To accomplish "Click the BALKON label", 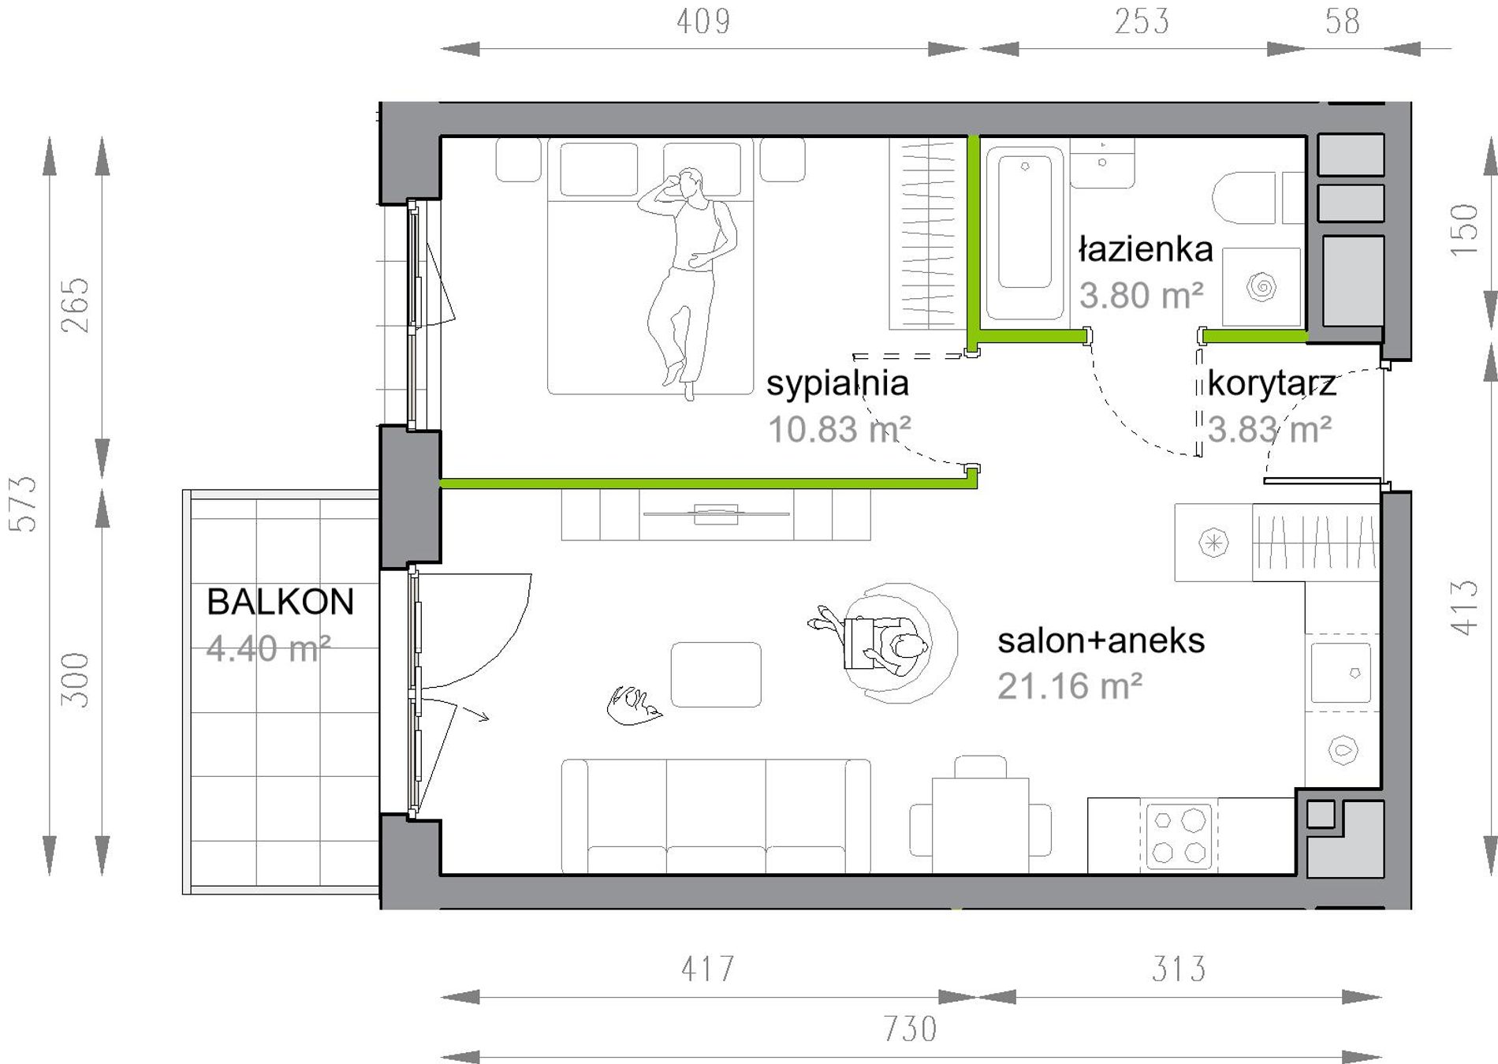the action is (280, 602).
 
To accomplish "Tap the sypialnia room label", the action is (837, 384).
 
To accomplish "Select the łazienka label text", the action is (1146, 249).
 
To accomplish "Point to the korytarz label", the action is (1272, 384).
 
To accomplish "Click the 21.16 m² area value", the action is (1070, 686).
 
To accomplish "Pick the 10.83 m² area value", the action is (839, 429).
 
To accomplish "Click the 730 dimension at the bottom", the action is (910, 1029).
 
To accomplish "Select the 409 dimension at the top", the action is (703, 21).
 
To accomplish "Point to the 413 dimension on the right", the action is (1464, 607).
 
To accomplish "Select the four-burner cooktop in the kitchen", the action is (1179, 835).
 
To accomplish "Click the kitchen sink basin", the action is (1340, 672).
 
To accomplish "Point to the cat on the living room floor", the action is (633, 704).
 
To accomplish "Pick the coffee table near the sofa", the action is (716, 674).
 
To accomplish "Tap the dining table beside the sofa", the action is (980, 825).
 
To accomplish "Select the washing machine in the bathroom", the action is (1261, 286).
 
